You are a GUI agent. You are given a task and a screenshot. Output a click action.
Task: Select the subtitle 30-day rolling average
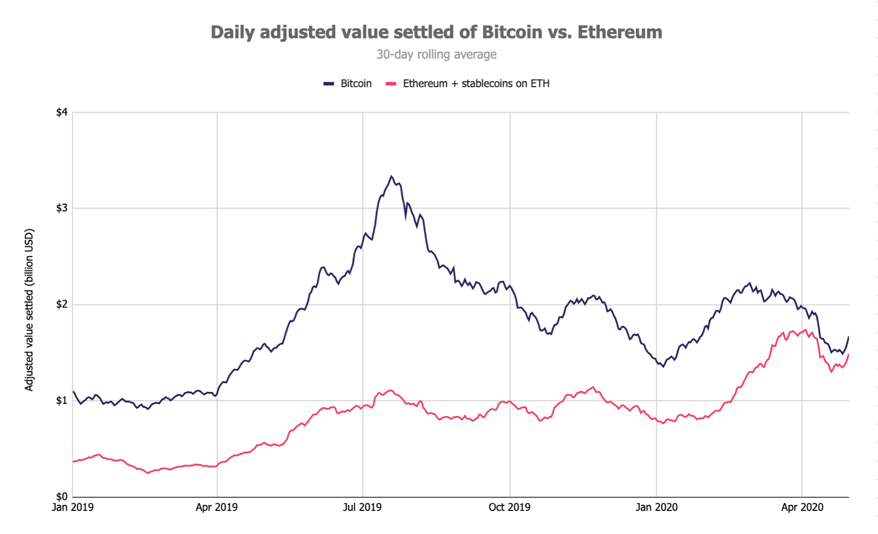tap(436, 54)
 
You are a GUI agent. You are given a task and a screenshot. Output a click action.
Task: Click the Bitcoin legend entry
tap(356, 83)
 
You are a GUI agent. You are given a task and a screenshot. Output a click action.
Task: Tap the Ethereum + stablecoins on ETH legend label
tap(476, 83)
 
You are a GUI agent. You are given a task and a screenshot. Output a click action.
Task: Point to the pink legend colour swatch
tap(391, 83)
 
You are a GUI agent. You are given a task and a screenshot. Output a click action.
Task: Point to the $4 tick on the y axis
tap(61, 113)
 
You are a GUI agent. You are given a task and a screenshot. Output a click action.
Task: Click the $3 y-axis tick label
tap(61, 208)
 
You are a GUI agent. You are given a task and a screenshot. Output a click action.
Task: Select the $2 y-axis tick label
tap(61, 304)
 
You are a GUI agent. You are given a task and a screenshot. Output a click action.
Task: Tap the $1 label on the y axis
tap(61, 400)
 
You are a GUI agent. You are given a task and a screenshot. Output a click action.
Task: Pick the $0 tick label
tap(61, 497)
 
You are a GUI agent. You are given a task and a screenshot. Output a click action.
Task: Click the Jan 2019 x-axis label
tap(72, 507)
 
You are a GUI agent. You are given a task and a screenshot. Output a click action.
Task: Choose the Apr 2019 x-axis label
tap(217, 507)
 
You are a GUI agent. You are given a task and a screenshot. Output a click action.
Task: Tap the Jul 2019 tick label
tap(362, 507)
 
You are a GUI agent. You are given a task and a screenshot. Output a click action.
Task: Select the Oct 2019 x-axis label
tap(509, 507)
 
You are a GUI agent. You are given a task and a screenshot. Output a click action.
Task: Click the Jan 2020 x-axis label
tap(656, 507)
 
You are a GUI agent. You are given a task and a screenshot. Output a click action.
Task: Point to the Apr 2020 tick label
tap(802, 507)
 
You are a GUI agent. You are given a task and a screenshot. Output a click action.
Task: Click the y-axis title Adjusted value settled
tap(29, 310)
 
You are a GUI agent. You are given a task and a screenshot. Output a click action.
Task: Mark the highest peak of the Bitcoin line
tap(391, 177)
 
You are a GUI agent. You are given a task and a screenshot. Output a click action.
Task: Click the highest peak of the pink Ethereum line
tap(805, 330)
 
